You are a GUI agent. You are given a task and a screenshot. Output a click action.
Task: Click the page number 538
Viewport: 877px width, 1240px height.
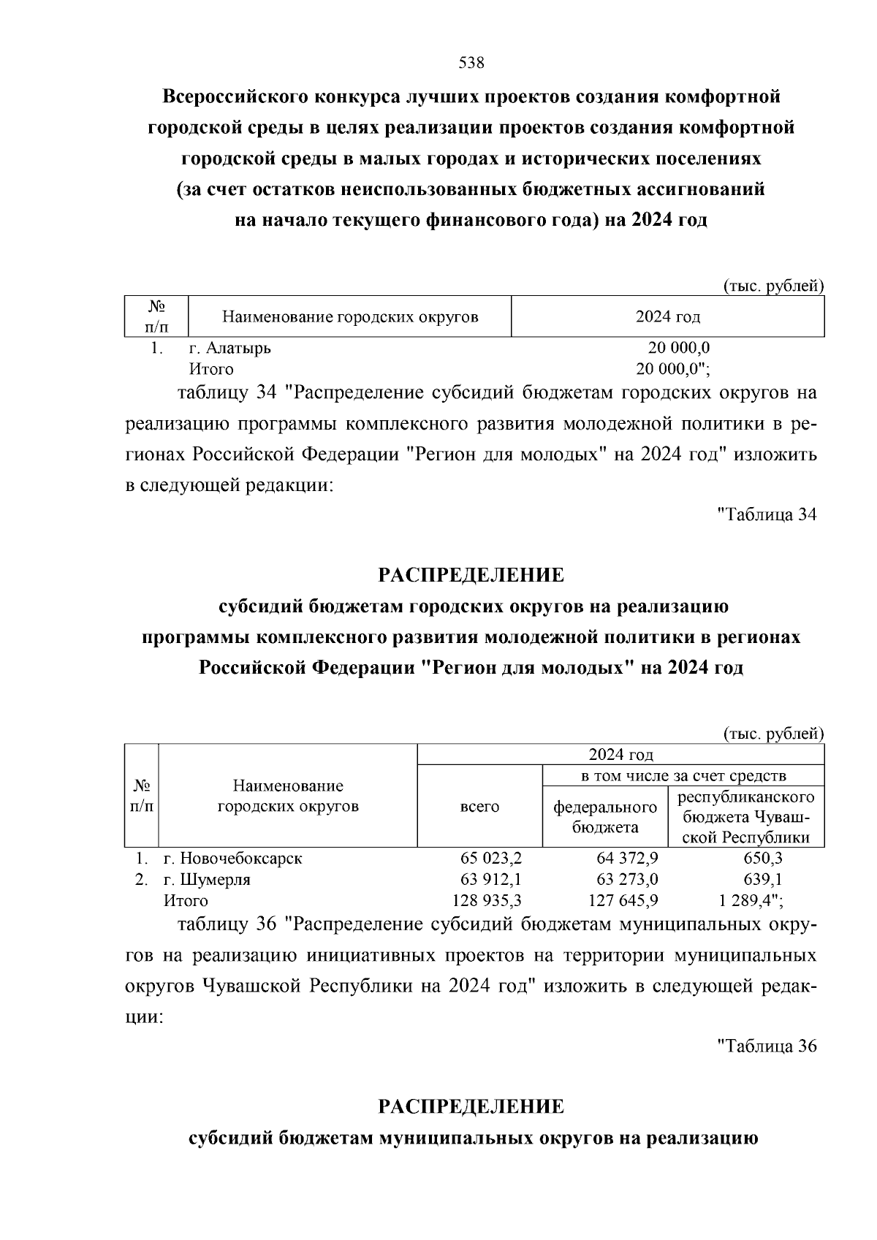pyautogui.click(x=471, y=63)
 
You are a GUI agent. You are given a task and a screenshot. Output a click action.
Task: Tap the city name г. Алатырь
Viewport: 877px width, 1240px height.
pyautogui.click(x=229, y=348)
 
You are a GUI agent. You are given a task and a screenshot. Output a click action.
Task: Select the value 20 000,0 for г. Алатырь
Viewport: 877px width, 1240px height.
pyautogui.click(x=678, y=348)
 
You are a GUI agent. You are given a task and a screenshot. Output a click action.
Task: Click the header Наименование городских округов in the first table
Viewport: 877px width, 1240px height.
pyautogui.click(x=350, y=317)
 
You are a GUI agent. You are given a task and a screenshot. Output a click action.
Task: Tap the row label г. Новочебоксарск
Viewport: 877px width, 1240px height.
pyautogui.click(x=232, y=859)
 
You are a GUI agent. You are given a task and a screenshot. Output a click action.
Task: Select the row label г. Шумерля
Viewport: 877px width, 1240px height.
pyautogui.click(x=207, y=880)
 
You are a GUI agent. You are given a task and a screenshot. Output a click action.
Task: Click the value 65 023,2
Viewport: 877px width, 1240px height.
pyautogui.click(x=491, y=859)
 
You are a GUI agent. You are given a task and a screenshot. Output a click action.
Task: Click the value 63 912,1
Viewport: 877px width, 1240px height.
pyautogui.click(x=491, y=880)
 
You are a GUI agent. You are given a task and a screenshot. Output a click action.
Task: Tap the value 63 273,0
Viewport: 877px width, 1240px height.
pyautogui.click(x=627, y=880)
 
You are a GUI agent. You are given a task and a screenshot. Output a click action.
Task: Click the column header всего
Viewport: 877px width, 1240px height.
pyautogui.click(x=479, y=807)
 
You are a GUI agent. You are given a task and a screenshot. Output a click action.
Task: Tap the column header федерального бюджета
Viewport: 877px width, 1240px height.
pyautogui.click(x=605, y=817)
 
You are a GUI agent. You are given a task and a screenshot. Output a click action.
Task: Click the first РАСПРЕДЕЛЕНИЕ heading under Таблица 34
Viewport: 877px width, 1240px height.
pyautogui.click(x=471, y=575)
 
